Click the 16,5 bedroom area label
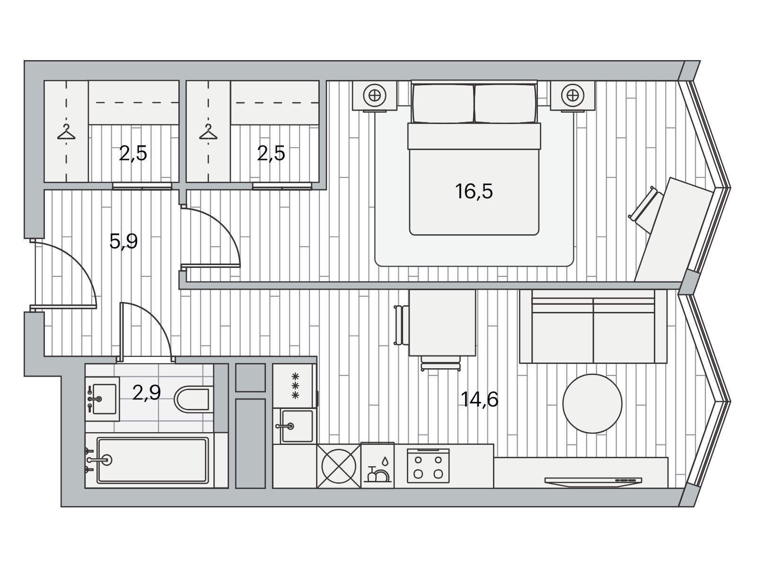(474, 191)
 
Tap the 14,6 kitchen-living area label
(479, 399)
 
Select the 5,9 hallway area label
(123, 241)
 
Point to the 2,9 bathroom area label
(146, 392)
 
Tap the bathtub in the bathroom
(152, 460)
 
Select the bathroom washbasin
(103, 399)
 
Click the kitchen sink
(297, 426)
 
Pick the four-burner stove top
(428, 466)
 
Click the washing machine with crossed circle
(339, 466)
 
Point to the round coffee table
(592, 403)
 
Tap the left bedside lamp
(375, 95)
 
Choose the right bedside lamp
(572, 95)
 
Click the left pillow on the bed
(443, 104)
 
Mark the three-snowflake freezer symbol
(295, 386)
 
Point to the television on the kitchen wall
(593, 481)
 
